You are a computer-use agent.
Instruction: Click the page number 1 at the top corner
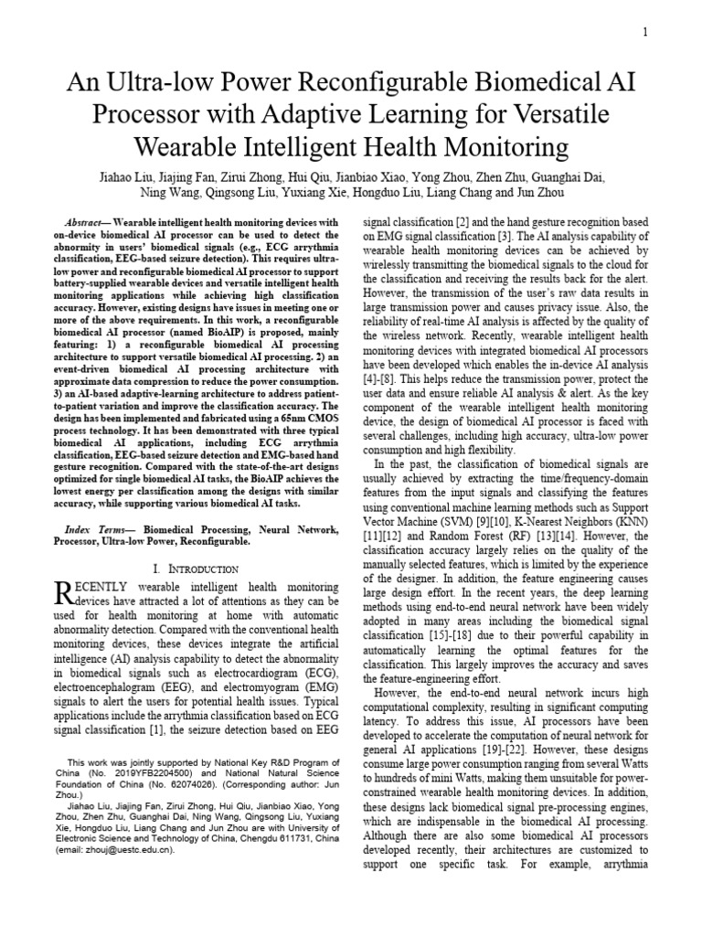(x=645, y=33)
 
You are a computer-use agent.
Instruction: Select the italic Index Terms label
(x=99, y=530)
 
